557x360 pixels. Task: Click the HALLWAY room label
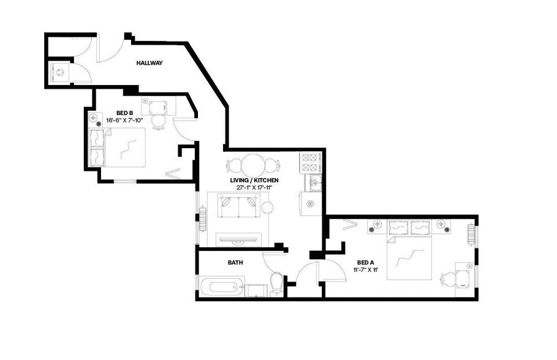point(149,62)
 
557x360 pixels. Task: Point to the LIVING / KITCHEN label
point(254,180)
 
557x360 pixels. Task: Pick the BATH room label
point(235,263)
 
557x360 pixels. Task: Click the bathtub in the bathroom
point(221,286)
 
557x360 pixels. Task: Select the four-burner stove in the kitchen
point(310,162)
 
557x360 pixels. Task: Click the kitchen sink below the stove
point(313,181)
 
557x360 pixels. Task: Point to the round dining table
point(252,165)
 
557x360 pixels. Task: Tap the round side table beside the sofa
point(267,208)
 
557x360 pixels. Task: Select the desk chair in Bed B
point(159,121)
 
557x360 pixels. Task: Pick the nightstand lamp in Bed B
point(93,118)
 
